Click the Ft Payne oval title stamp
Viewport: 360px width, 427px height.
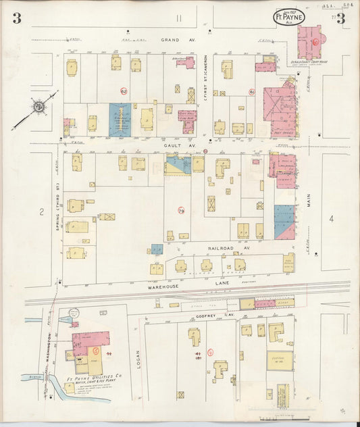[289, 17]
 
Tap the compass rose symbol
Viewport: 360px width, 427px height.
[39, 106]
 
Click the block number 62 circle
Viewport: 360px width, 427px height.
[124, 91]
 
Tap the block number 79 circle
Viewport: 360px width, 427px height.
[181, 211]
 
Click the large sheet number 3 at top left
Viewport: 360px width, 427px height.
[16, 18]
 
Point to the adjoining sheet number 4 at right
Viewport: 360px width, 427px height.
[332, 218]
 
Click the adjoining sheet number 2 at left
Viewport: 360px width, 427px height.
[41, 212]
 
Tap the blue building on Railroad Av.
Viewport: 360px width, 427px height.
[157, 249]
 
